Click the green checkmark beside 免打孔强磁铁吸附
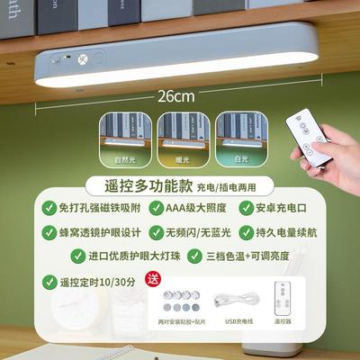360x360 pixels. tap(50, 209)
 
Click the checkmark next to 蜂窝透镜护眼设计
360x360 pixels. tap(50, 232)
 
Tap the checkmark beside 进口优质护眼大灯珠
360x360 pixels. tap(50, 256)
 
